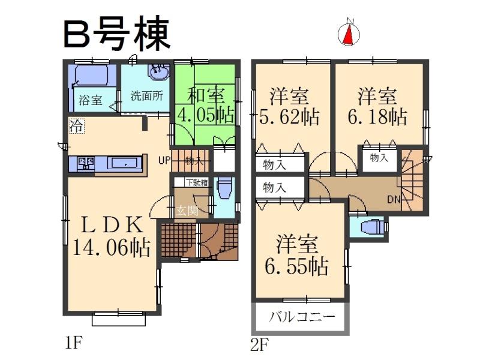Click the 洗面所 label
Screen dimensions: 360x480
click(x=147, y=96)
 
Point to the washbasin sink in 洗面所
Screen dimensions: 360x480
click(x=159, y=73)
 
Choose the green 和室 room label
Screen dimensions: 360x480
click(x=206, y=95)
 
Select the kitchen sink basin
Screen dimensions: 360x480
click(x=125, y=163)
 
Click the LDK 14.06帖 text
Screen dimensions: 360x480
click(x=111, y=237)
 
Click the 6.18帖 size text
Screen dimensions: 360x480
click(x=377, y=115)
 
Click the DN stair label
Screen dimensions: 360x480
click(x=394, y=199)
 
